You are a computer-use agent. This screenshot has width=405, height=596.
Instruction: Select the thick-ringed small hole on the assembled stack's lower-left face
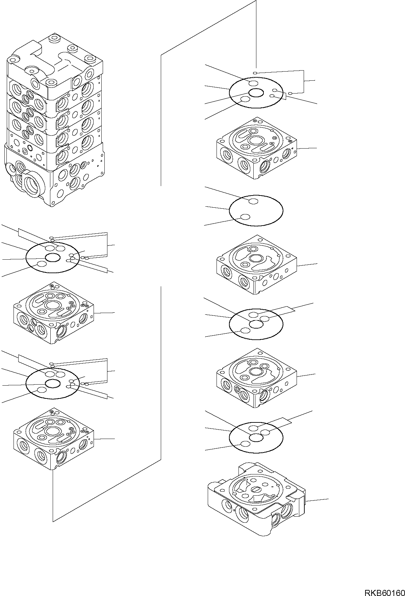[30, 148]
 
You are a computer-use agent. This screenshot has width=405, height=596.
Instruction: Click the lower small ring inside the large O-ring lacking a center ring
[246, 217]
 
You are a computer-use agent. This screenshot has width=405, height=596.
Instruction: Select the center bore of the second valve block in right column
[254, 258]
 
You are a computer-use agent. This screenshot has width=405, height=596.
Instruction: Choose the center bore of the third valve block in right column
[254, 371]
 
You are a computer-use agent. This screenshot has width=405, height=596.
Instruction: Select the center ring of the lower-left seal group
[53, 384]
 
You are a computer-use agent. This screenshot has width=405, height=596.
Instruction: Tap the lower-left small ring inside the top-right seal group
[245, 99]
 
